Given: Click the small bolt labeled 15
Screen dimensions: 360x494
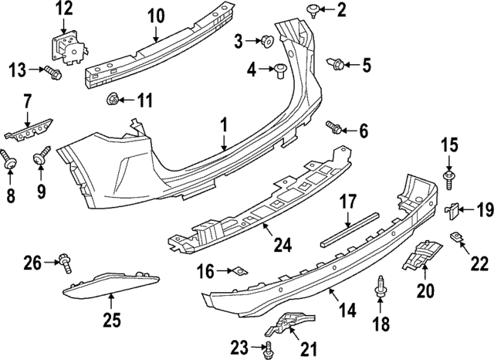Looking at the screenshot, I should [449, 179].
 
